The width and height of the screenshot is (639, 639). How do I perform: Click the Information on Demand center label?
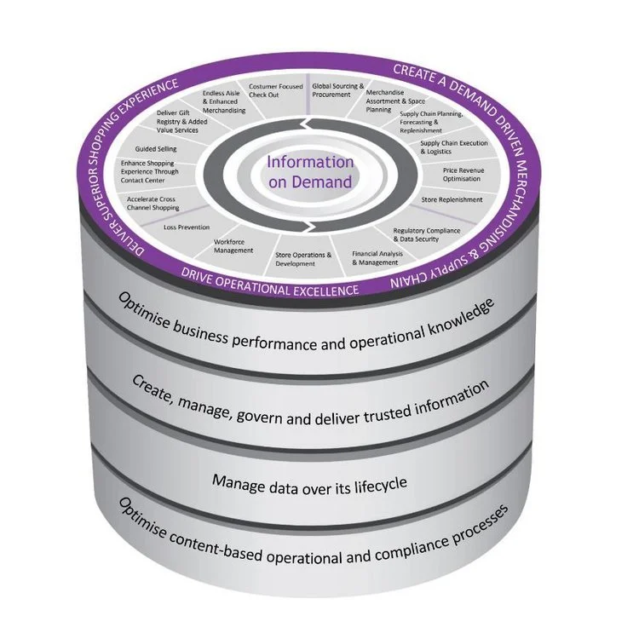[x=308, y=171]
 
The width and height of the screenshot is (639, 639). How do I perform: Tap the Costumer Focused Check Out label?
[x=276, y=91]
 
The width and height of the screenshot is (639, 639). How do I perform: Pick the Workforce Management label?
[x=233, y=246]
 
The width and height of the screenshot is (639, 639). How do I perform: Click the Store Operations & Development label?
[x=304, y=259]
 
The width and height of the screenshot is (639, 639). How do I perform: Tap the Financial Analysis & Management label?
[x=376, y=258]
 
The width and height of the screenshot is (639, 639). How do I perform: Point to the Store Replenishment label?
[x=452, y=199]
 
